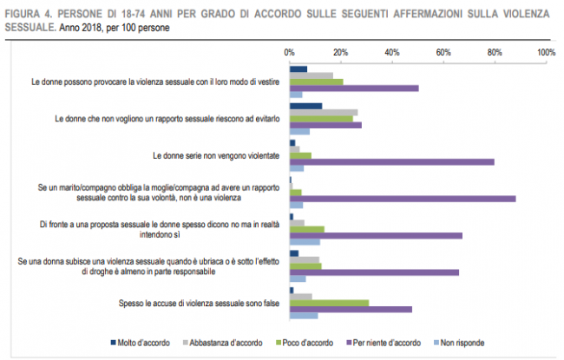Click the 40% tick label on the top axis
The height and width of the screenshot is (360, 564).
[x=391, y=53]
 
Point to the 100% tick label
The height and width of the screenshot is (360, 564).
[x=546, y=53]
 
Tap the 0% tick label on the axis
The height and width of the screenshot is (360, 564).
[x=290, y=53]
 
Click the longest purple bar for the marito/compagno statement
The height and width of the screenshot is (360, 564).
[x=403, y=199]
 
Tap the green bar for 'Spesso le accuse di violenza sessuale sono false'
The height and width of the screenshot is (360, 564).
[x=329, y=303]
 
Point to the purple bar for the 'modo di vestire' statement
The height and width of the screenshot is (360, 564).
[x=354, y=88]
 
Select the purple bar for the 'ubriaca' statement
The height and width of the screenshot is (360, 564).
[x=374, y=272]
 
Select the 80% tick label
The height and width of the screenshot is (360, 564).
[x=495, y=53]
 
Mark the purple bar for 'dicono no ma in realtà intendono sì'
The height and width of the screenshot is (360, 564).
[x=376, y=235]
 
